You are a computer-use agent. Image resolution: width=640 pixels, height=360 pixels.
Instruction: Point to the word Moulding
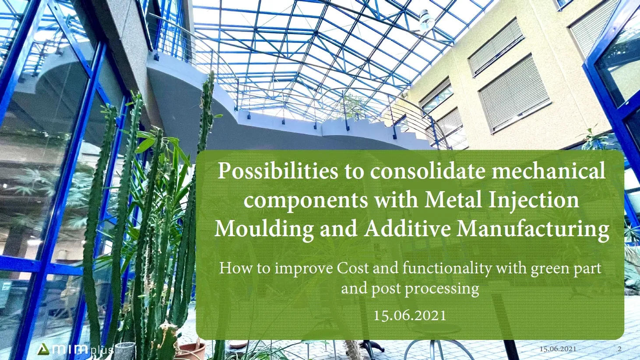point(264,229)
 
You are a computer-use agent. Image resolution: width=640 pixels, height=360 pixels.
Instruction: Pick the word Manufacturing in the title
point(533,229)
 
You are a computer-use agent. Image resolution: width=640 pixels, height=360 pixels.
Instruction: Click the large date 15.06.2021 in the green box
point(410,315)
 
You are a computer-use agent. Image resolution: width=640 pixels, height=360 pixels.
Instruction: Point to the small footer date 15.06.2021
point(558,349)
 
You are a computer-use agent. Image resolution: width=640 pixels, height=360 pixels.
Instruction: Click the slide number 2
point(619,349)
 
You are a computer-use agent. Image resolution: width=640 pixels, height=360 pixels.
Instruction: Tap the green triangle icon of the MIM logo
point(43,349)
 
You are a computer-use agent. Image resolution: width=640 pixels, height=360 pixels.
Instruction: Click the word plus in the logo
point(102,350)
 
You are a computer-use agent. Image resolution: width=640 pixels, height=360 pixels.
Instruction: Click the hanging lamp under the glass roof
point(426,19)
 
